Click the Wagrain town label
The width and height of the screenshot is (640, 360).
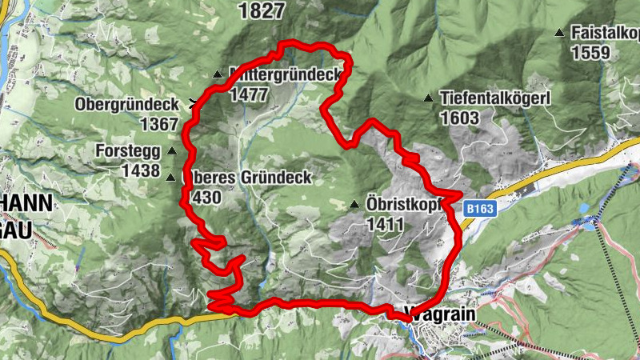[x=440, y=314]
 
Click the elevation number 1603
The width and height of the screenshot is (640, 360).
[x=459, y=118]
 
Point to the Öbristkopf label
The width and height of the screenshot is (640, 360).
[x=405, y=203]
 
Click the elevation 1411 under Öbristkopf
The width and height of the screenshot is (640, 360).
[x=386, y=224]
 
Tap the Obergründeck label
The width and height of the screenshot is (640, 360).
[x=126, y=104]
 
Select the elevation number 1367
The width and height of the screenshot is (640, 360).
[x=158, y=124]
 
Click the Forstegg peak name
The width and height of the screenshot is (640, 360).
[x=128, y=150]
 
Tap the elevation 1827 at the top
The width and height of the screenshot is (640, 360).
[x=261, y=10]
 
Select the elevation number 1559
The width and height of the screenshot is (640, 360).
[x=590, y=53]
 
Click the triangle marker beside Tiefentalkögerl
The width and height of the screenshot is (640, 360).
[x=429, y=98]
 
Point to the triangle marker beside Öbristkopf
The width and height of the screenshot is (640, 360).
[x=354, y=203]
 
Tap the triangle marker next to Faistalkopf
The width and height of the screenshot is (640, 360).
[x=558, y=33]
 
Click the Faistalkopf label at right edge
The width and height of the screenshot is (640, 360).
[x=606, y=33]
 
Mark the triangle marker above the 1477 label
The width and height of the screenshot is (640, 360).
[x=217, y=75]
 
